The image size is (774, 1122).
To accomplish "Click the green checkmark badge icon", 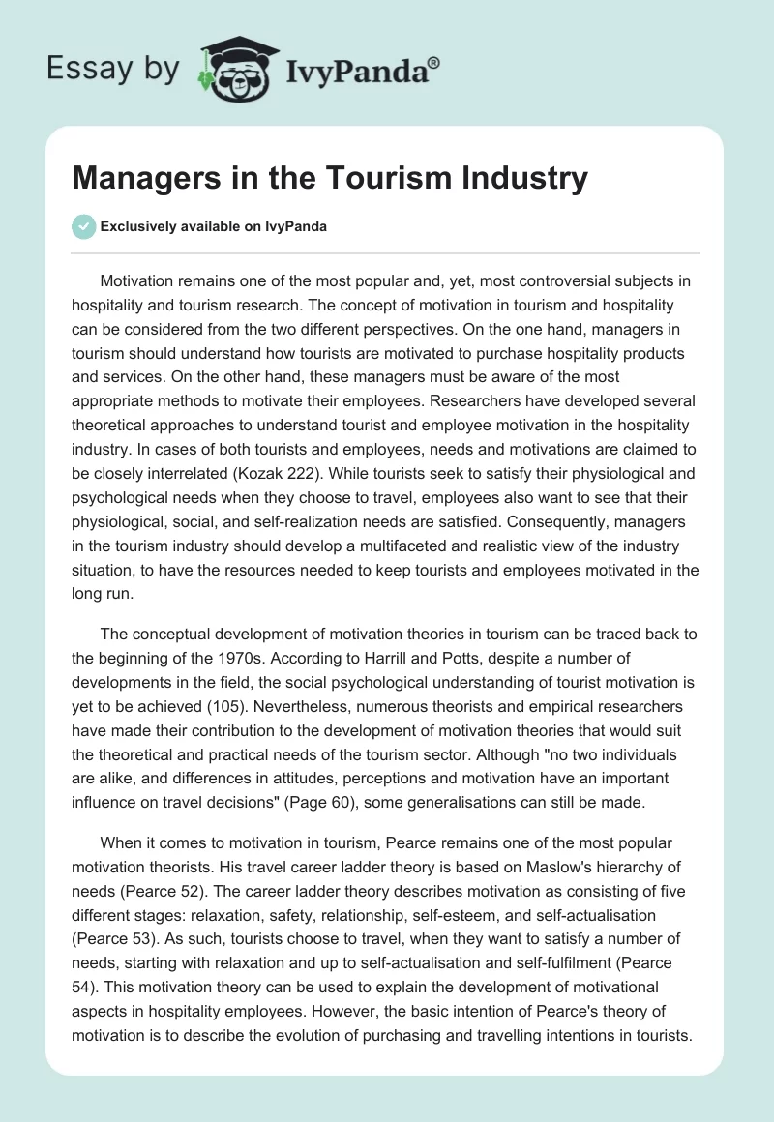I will (83, 226).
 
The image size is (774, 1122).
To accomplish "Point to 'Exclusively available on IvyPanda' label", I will (214, 226).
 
